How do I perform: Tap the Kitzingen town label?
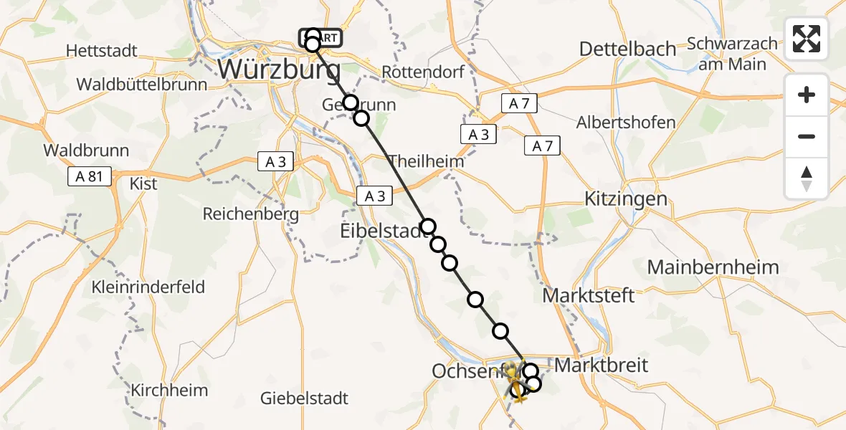pyautogui.click(x=626, y=199)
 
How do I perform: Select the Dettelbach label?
pyautogui.click(x=627, y=49)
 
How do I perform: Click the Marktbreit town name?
pyautogui.click(x=602, y=365)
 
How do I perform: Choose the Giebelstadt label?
pyautogui.click(x=305, y=398)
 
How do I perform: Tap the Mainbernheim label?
pyautogui.click(x=713, y=267)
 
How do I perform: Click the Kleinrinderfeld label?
pyautogui.click(x=148, y=287)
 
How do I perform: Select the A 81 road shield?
pyautogui.click(x=90, y=177)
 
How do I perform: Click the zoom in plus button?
pyautogui.click(x=807, y=95)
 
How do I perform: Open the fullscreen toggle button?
pyautogui.click(x=807, y=39)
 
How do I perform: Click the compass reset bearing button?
pyautogui.click(x=807, y=178)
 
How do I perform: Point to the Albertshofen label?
pyautogui.click(x=626, y=122)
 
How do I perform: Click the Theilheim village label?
pyautogui.click(x=426, y=161)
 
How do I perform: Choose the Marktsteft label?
pyautogui.click(x=589, y=295)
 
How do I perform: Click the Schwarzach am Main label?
pyautogui.click(x=732, y=54)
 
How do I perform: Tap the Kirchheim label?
pyautogui.click(x=169, y=391)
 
